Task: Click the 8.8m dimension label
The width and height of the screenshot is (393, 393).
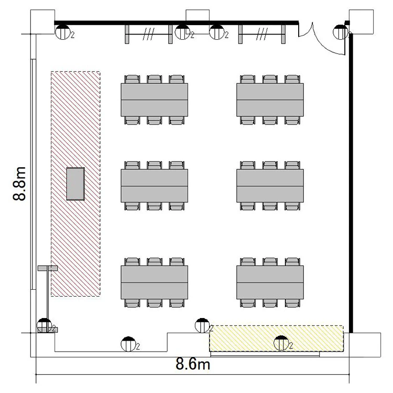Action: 19,183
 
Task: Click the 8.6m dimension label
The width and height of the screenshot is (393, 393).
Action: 193,364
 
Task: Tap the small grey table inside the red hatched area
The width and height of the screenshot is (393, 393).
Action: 75,184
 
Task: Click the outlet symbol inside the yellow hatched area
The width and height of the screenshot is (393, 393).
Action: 281,343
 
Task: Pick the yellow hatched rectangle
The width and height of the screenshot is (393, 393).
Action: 277,339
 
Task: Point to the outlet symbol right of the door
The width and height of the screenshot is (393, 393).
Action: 341,32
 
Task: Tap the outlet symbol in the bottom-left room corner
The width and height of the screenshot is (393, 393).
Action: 45,325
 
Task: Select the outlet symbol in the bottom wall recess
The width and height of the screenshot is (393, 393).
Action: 128,344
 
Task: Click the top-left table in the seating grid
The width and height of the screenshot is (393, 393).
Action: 155,100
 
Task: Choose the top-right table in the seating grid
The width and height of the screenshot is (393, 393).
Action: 270,100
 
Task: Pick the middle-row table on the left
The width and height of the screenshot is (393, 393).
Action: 155,185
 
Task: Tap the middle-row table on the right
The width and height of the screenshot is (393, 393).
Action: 270,185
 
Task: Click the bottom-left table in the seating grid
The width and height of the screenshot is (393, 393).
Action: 155,282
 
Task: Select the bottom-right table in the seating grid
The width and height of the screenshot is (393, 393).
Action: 270,282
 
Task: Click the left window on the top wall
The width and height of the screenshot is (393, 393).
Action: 149,34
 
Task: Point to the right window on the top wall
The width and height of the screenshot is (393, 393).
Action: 262,34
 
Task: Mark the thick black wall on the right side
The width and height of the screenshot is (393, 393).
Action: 351,183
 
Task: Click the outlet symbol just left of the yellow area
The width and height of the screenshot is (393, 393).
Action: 202,325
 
